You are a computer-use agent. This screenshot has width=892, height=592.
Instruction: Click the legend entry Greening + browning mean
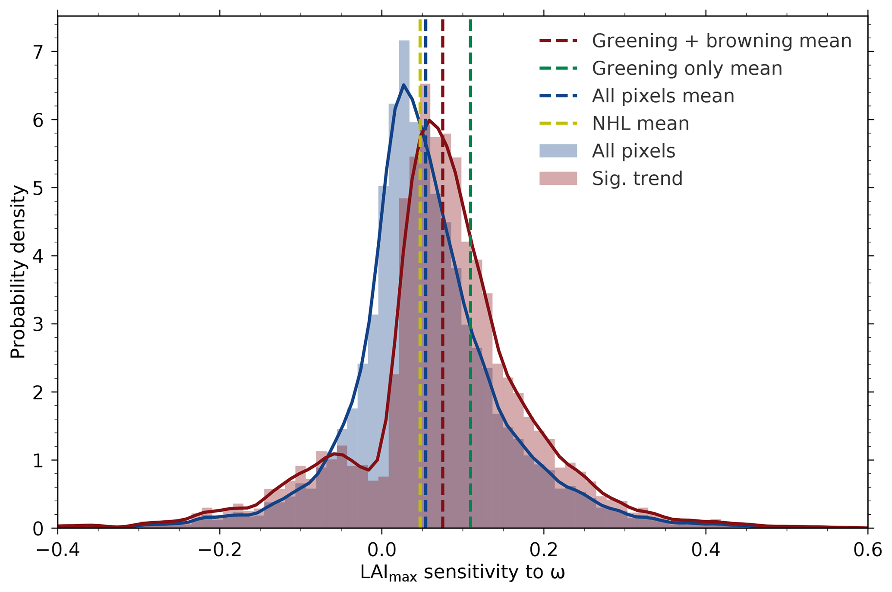pyautogui.click(x=722, y=41)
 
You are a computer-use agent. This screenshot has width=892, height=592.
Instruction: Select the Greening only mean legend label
pyautogui.click(x=687, y=69)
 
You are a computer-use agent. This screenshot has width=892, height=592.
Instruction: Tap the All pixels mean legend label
pyautogui.click(x=663, y=96)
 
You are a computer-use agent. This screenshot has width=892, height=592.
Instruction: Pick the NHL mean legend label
pyautogui.click(x=640, y=124)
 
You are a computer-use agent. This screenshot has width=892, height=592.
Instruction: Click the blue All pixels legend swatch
pyautogui.click(x=558, y=151)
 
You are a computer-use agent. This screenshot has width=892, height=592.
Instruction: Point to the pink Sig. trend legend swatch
pyautogui.click(x=558, y=178)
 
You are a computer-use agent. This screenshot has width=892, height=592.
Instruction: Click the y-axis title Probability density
pyautogui.click(x=18, y=272)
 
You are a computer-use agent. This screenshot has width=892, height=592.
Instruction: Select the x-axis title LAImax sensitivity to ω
pyautogui.click(x=463, y=573)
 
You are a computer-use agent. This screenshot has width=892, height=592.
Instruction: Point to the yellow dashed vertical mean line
pyautogui.click(x=420, y=302)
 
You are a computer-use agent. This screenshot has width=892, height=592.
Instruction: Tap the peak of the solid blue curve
pyautogui.click(x=403, y=85)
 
